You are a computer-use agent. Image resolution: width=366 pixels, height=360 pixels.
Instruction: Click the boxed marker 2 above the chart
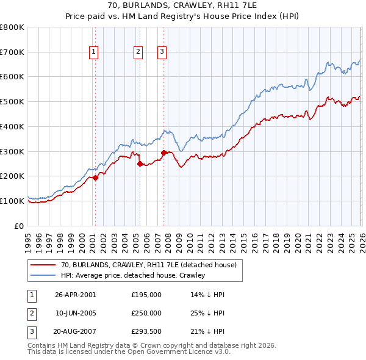[x=139, y=52]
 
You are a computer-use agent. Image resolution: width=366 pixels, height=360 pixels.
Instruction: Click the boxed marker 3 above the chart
[x=162, y=52]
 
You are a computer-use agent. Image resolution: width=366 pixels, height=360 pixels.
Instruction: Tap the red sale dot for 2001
[x=95, y=178]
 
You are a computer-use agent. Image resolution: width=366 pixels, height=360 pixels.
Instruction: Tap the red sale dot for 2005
[x=140, y=164]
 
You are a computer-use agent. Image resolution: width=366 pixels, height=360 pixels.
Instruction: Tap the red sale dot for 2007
[x=163, y=153]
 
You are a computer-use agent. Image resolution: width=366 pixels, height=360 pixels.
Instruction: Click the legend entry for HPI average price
[x=132, y=275]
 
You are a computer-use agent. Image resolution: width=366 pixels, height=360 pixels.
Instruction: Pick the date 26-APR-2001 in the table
[x=75, y=294]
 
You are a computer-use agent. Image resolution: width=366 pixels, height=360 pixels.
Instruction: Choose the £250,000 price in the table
[x=146, y=313]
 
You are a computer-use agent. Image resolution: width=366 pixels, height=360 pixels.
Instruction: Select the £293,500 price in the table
[x=146, y=332]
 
